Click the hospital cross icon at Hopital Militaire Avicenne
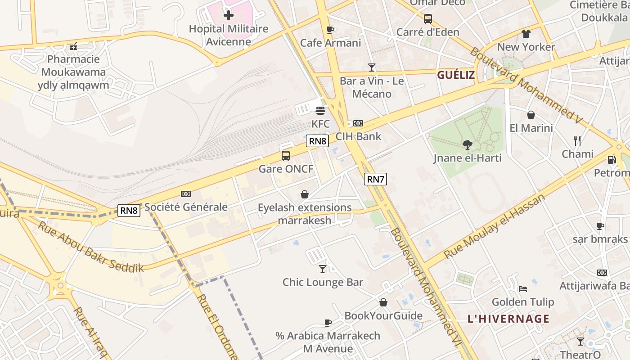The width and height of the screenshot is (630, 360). coord(229,15)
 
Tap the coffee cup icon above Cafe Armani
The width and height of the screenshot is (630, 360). coord(330,30)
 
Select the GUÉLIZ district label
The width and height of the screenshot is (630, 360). coord(456,75)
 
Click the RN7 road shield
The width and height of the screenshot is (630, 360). coord(375,180)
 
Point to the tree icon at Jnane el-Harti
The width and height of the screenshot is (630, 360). coord(467,145)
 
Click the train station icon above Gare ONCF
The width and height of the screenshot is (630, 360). coord(286,156)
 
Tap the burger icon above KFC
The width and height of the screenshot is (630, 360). coord(320,110)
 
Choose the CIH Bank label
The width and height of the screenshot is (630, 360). coord(358,136)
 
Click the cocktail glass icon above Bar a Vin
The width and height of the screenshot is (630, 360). coord(372,67)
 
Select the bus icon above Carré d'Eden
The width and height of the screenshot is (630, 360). coord(427,19)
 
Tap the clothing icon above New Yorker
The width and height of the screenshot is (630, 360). coord(526,34)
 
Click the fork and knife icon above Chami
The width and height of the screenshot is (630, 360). coord(577,141)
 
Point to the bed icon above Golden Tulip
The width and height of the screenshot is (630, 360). coord(522,288)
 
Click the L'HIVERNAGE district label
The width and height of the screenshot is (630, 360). coord(508,319)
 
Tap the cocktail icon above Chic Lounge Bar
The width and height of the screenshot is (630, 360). coord(323,269)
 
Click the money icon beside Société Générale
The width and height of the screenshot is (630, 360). coord(185,194)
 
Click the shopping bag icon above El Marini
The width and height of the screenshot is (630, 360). coord(531,115)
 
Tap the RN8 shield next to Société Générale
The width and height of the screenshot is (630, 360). coord(129,210)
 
